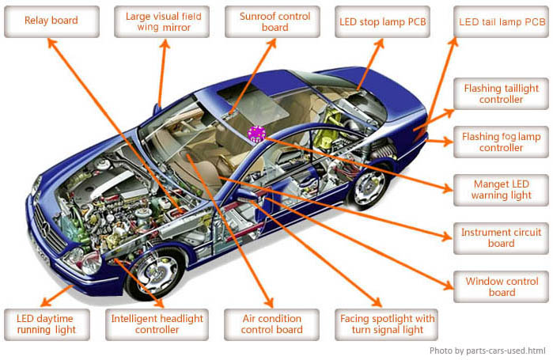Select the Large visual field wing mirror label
[163, 21]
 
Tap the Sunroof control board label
[275, 21]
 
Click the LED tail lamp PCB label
[502, 21]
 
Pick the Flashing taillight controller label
[501, 94]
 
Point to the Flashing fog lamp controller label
[501, 142]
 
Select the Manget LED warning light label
[501, 189]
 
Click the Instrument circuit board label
[501, 238]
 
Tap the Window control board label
[501, 286]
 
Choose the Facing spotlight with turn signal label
[387, 324]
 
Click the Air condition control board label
[271, 324]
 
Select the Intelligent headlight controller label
[157, 324]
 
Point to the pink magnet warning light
[256, 134]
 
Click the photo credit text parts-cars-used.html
[487, 351]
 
